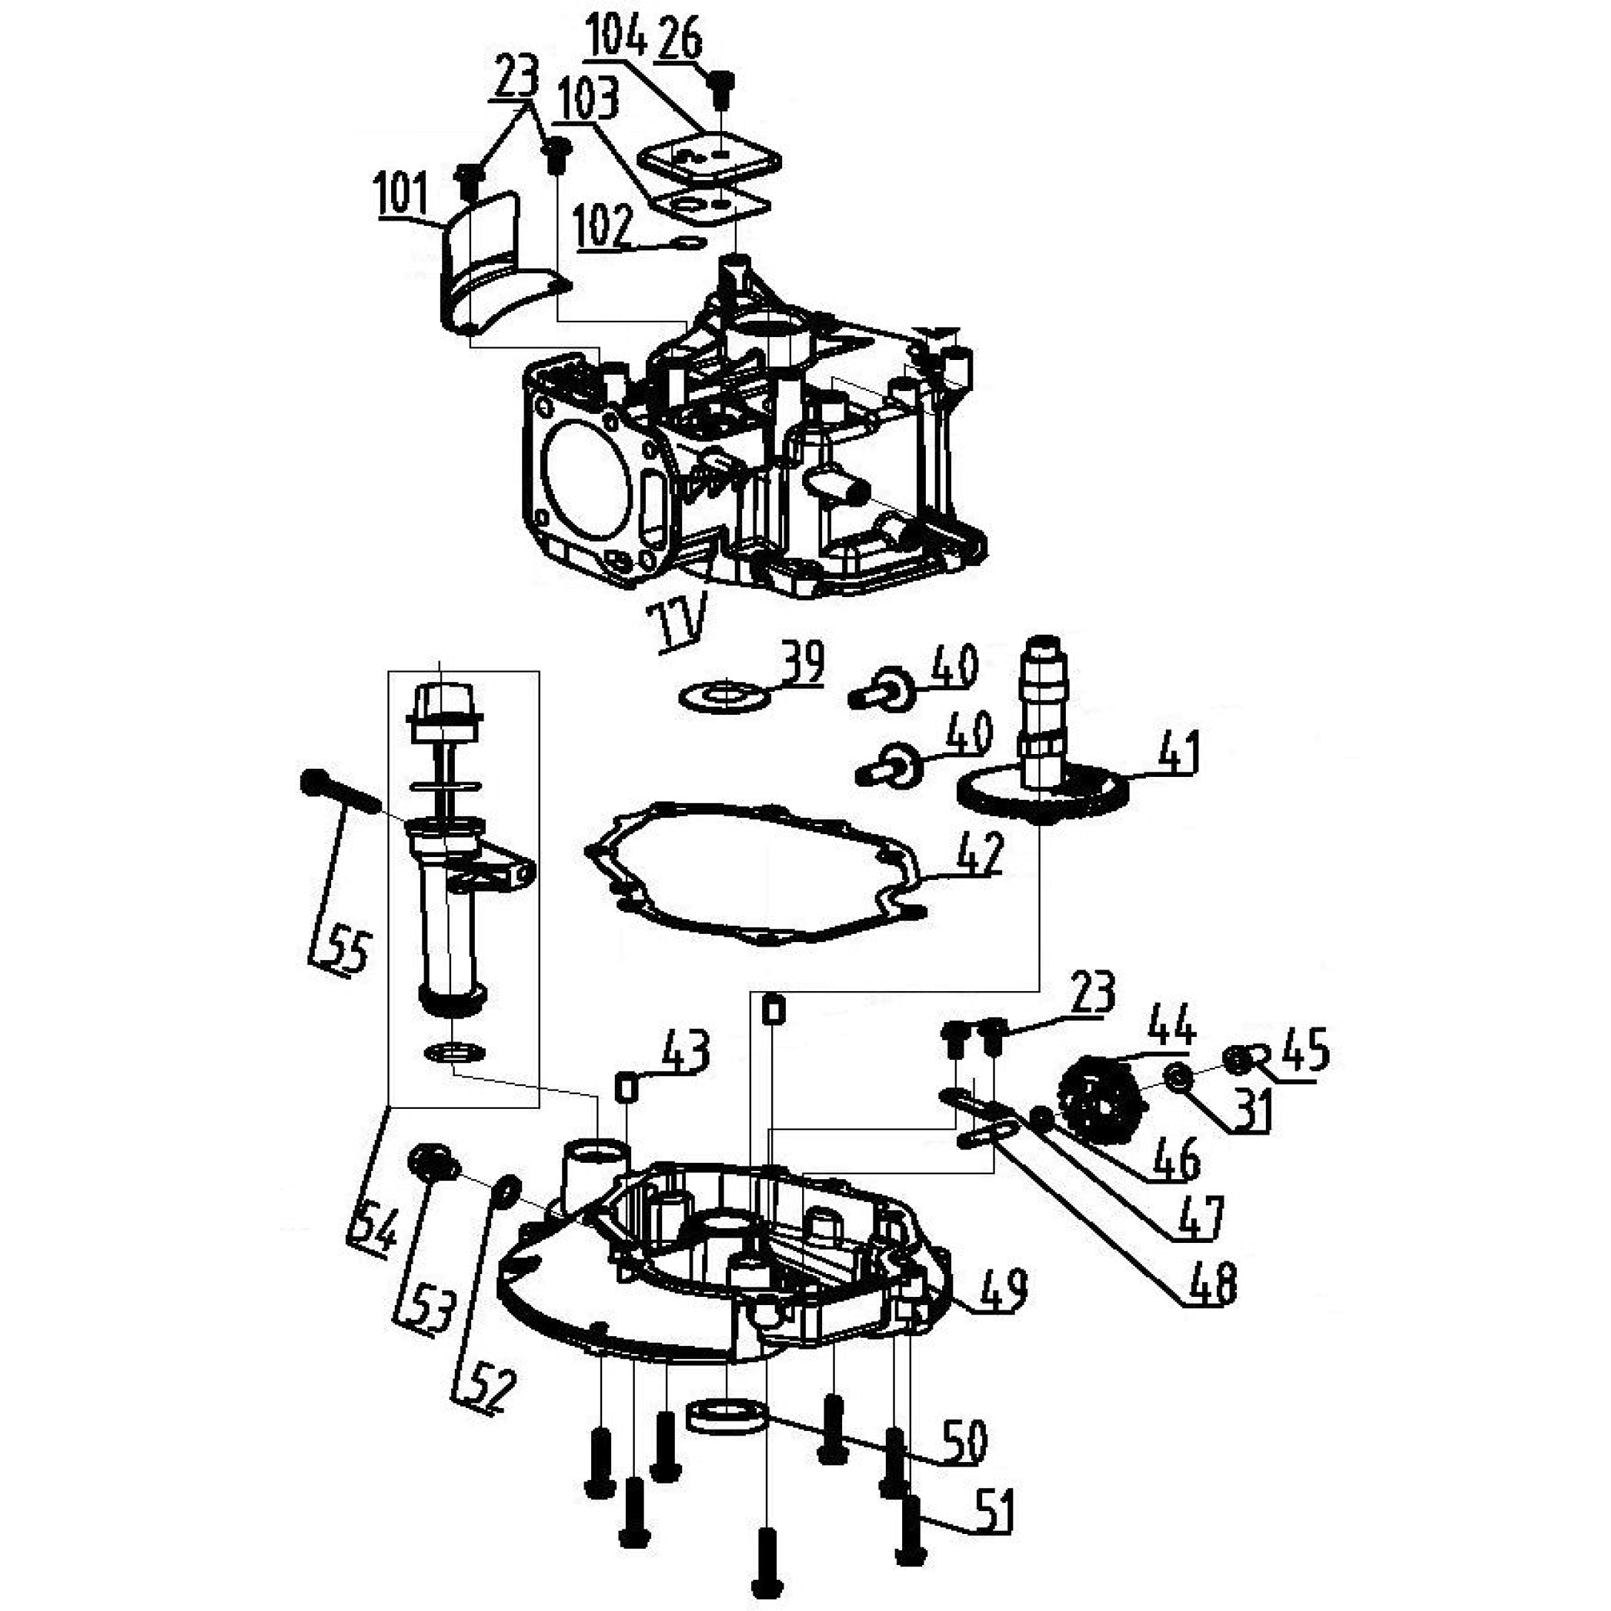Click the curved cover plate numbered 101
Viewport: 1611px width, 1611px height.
coord(498,263)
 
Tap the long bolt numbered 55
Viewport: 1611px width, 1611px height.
coord(340,788)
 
